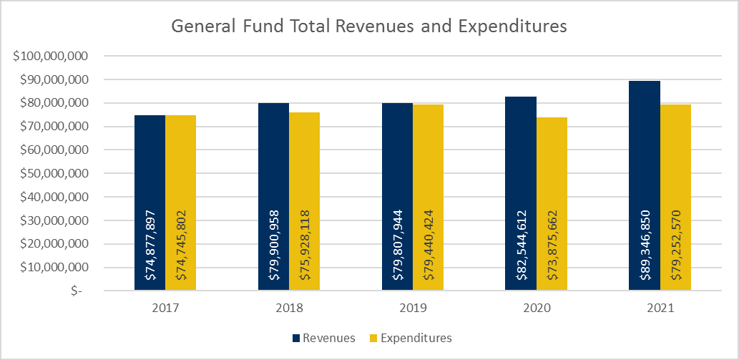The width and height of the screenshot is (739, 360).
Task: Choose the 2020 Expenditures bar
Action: point(552,157)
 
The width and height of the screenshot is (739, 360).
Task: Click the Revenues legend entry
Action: point(323,338)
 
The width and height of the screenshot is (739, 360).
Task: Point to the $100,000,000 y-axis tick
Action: point(55,57)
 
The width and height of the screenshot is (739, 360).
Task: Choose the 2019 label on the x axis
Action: point(413,309)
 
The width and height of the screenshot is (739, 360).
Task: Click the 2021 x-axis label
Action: point(660,309)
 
